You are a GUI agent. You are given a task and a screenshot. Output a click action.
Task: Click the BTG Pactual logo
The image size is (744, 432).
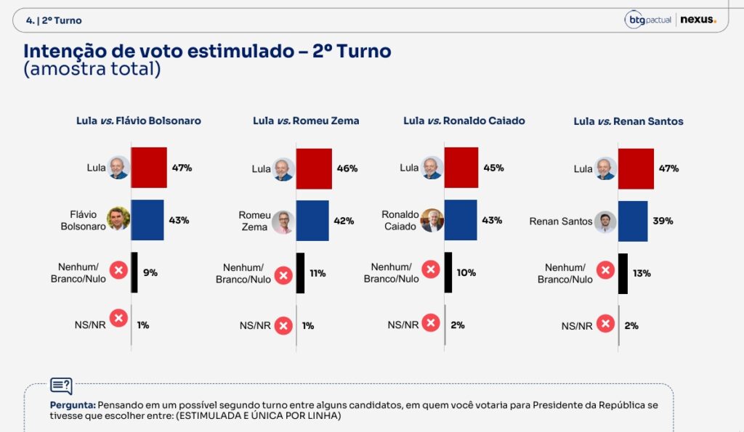648,20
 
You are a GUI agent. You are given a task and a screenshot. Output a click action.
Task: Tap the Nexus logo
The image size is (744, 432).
698,20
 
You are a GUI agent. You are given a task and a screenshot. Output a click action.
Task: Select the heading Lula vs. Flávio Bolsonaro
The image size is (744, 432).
139,121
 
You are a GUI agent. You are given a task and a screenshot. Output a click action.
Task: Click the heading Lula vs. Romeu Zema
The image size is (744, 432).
306,121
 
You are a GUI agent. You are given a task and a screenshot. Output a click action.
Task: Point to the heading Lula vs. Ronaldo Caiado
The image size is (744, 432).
464,121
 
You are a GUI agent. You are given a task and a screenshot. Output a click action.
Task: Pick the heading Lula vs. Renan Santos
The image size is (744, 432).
628,121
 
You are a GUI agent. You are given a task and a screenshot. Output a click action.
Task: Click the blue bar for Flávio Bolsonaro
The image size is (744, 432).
147,220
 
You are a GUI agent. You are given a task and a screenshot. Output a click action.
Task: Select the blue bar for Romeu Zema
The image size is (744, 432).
312,221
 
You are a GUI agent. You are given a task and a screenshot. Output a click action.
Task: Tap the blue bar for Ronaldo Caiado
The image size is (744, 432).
461,220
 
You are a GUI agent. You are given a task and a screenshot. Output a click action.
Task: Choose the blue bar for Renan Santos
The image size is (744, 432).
633,221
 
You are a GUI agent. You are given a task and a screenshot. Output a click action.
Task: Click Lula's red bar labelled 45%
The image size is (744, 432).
461,168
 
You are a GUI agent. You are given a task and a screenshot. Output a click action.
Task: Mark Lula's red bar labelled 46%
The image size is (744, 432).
314,169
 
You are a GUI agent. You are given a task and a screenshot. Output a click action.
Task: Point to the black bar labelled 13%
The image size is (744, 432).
623,274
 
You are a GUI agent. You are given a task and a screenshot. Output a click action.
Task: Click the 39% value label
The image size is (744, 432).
663,221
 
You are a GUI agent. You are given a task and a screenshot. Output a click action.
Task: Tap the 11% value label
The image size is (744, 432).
318,274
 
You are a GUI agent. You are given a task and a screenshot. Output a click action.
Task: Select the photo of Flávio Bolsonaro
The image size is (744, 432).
118,219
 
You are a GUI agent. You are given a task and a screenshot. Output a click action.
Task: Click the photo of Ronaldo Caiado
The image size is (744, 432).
432,220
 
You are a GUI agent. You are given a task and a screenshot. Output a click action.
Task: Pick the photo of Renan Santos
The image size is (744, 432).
605,222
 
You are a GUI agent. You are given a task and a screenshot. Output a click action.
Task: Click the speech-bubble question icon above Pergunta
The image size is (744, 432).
62,386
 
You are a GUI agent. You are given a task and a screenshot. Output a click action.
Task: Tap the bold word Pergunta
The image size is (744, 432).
73,405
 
